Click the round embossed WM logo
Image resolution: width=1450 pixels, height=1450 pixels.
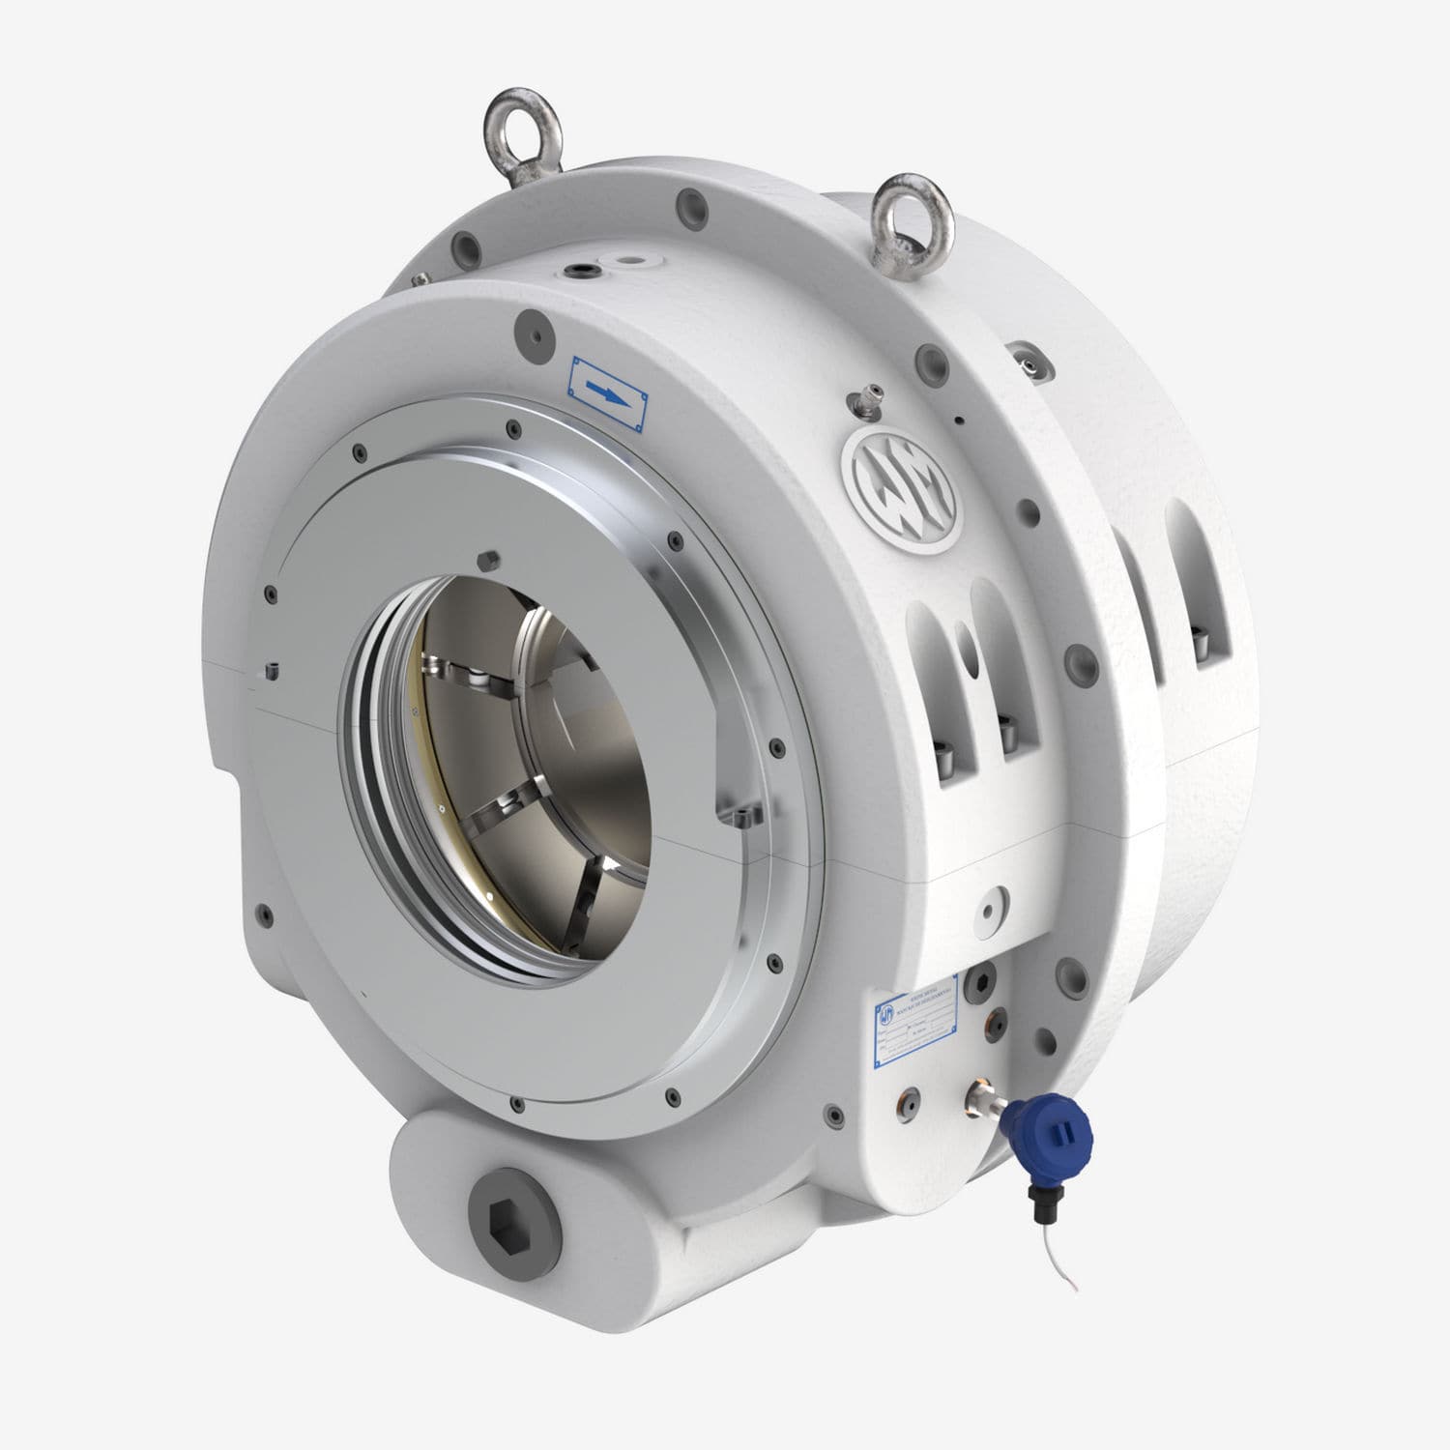click(x=899, y=492)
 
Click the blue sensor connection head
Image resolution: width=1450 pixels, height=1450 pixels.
click(x=1048, y=1131)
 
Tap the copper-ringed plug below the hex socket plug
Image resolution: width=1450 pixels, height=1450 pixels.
click(x=993, y=1017)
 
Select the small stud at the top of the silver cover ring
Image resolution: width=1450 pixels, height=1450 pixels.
click(x=486, y=558)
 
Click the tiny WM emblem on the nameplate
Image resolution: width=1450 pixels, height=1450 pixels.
click(x=887, y=1014)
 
